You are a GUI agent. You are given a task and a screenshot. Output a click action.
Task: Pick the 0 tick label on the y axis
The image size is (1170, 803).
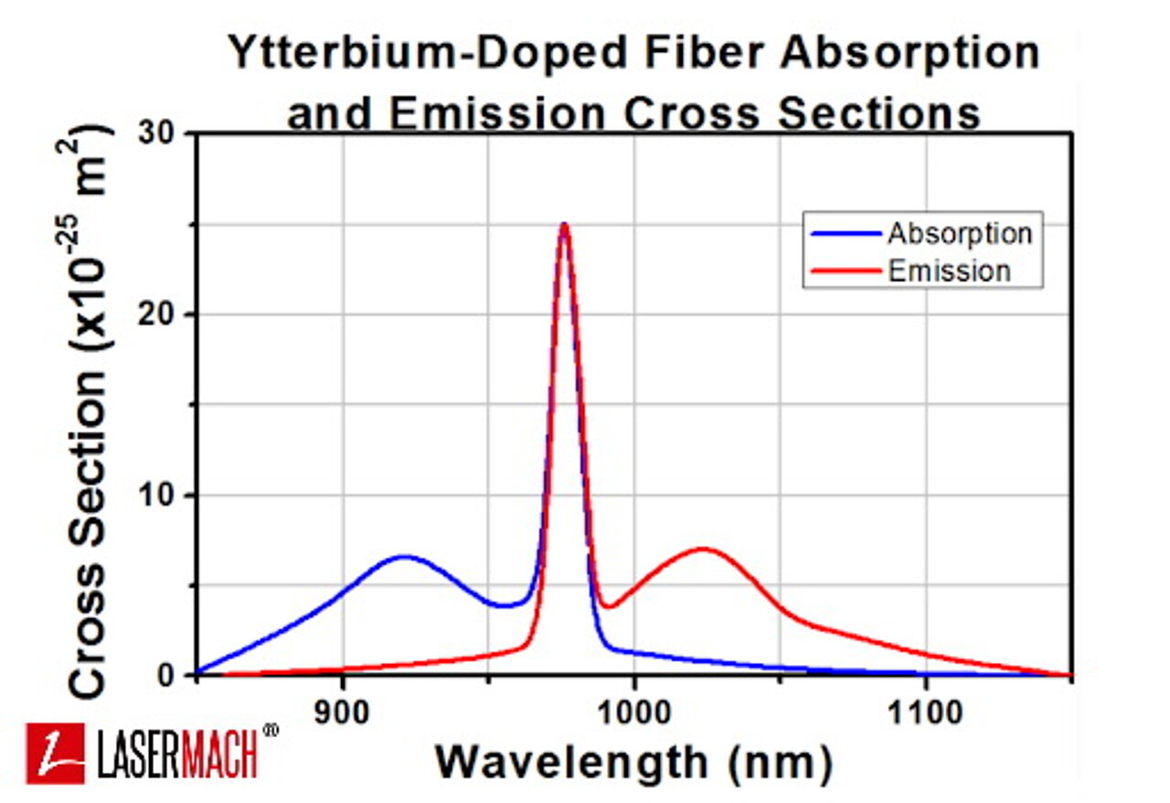[177, 675]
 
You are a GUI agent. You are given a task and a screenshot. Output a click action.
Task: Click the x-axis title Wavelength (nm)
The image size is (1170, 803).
[633, 761]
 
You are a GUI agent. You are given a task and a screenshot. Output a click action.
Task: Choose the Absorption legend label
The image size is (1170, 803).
[959, 233]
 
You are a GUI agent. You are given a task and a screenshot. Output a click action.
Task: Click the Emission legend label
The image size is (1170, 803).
[949, 271]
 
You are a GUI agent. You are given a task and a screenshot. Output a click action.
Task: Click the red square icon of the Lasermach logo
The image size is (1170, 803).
[55, 753]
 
